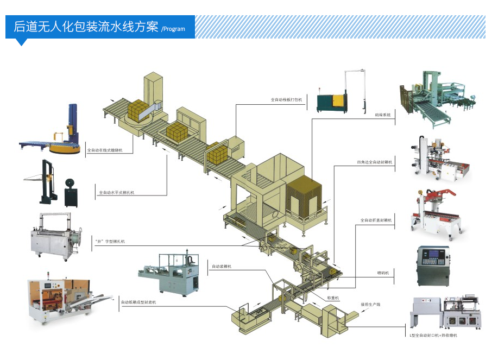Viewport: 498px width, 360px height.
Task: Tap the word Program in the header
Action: (174, 29)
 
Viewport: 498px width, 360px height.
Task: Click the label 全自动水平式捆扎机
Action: (116, 192)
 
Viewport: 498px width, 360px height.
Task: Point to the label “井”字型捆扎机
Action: (110, 241)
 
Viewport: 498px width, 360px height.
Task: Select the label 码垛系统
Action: (382, 115)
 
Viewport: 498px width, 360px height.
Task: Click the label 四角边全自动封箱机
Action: (375, 162)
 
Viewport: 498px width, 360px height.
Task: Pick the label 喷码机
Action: (383, 273)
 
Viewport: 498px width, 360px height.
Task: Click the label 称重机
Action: (333, 298)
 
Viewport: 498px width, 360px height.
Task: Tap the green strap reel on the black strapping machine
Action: (69, 185)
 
